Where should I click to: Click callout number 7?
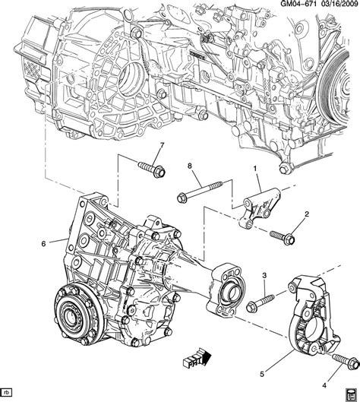point(162,146)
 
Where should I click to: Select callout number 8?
point(190,166)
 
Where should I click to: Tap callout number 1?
point(255,169)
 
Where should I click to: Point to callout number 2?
point(307,214)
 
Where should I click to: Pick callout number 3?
point(264,276)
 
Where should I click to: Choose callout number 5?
point(261,374)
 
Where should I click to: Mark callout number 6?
point(43,244)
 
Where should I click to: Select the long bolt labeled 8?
point(200,192)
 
